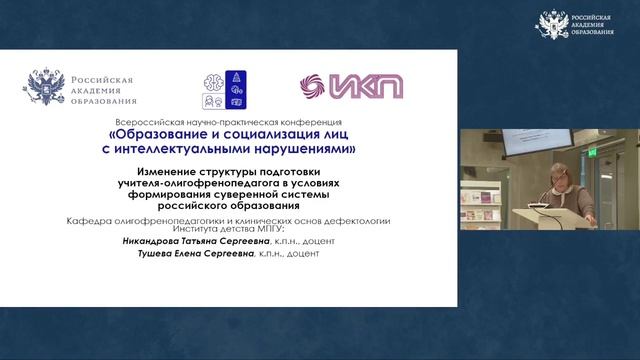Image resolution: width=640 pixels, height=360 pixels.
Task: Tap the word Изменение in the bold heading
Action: coord(151,171)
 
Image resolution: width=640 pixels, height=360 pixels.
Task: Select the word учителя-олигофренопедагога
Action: coord(194,183)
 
